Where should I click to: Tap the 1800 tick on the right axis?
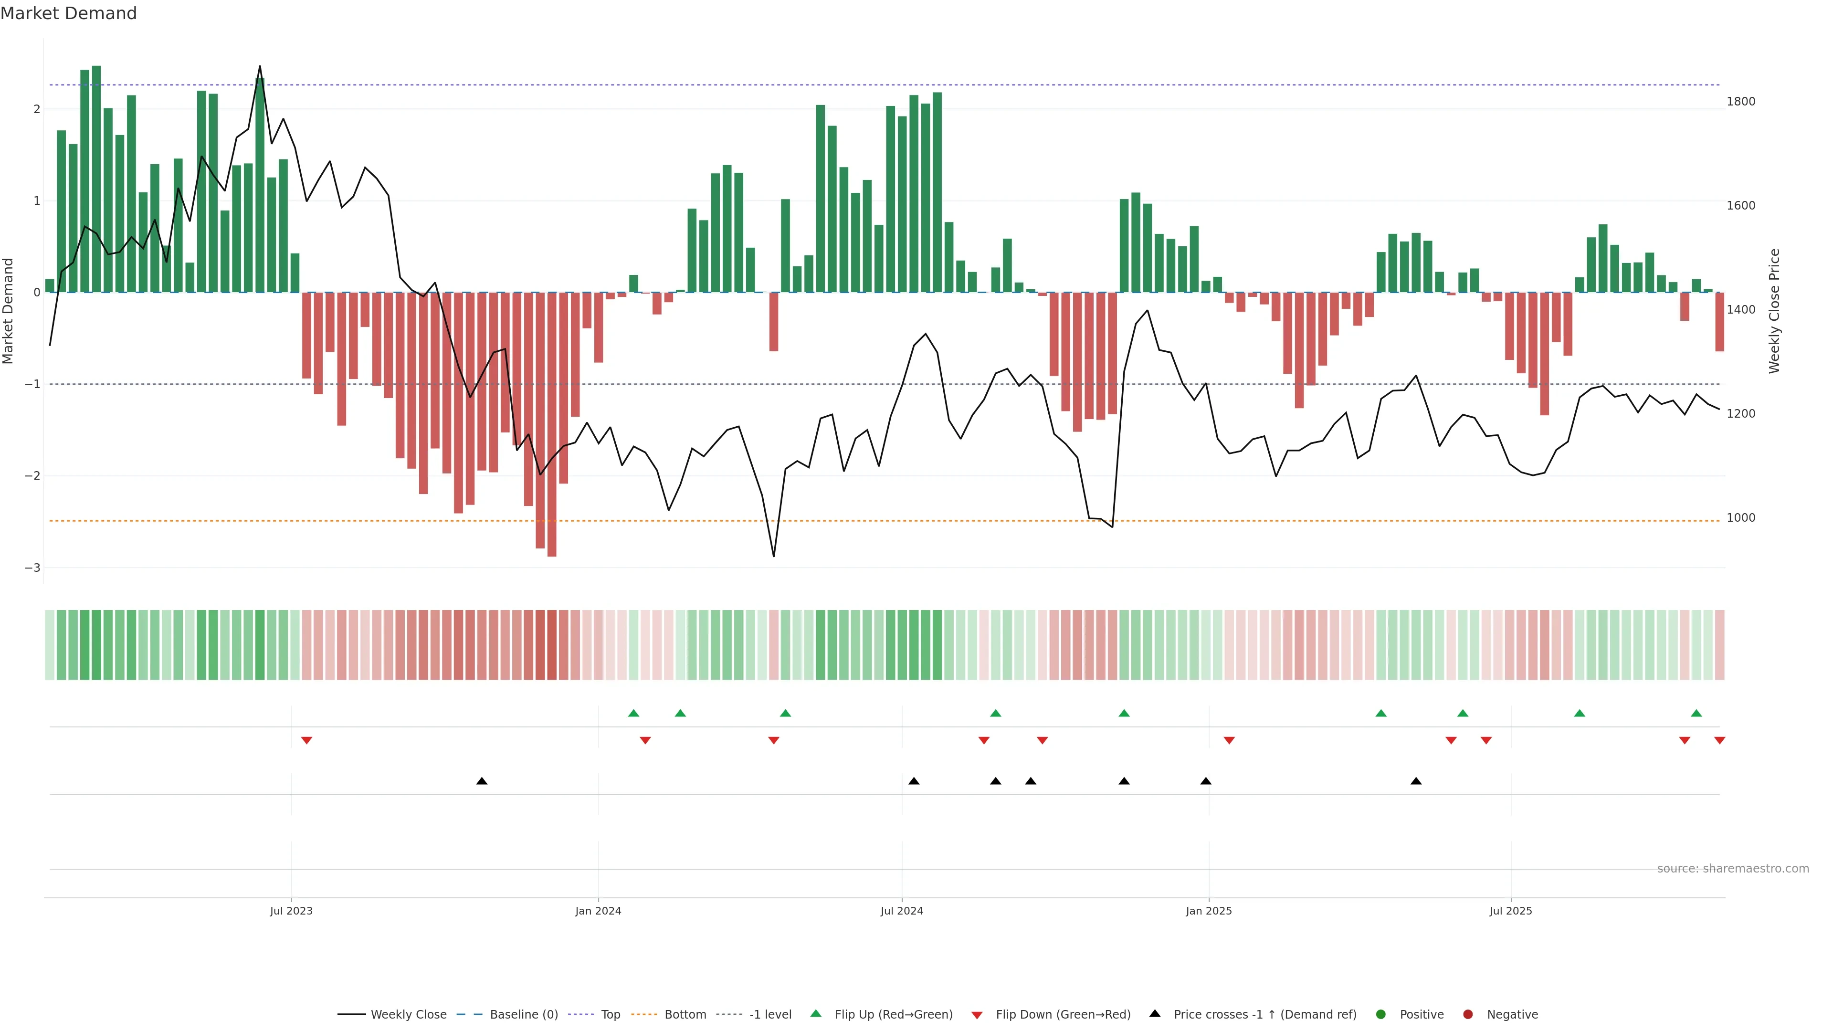point(1740,102)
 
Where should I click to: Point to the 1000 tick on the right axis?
point(1740,518)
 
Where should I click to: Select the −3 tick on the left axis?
point(32,568)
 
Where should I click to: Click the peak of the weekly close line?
point(260,66)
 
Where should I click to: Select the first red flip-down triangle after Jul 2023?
point(306,741)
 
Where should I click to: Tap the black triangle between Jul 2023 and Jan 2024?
point(482,781)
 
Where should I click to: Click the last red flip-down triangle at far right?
point(1719,741)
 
